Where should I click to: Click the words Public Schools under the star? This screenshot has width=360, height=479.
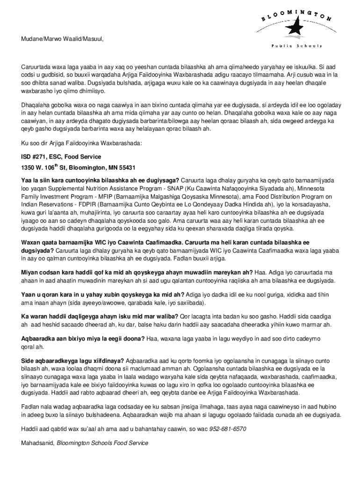pyautogui.click(x=296, y=46)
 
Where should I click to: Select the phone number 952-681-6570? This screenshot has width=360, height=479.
pyautogui.click(x=228, y=428)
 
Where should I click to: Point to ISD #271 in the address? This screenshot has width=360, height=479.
pyautogui.click(x=35, y=157)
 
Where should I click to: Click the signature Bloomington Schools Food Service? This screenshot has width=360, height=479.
pyautogui.click(x=102, y=443)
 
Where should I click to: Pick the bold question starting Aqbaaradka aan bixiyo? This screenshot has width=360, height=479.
pyautogui.click(x=83, y=339)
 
